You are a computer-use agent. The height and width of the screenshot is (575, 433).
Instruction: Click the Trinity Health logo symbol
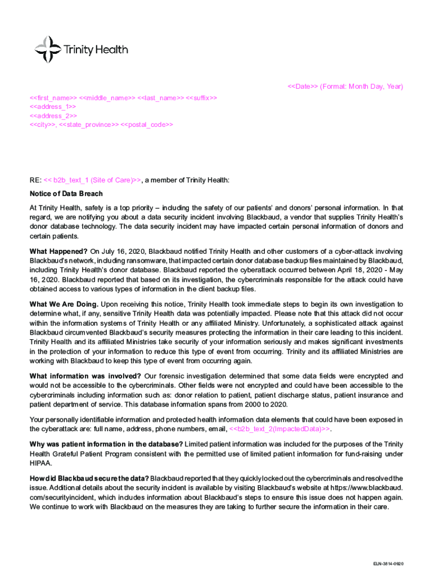pos(48,49)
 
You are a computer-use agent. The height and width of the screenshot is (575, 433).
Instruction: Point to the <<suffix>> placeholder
pos(201,97)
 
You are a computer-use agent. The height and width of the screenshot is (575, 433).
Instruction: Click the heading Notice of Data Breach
pos(66,194)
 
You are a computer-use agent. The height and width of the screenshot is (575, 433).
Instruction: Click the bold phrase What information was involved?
pos(85,376)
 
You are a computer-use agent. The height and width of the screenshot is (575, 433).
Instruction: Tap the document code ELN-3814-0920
pos(388,563)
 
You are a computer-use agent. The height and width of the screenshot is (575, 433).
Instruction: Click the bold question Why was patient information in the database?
pos(105,445)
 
